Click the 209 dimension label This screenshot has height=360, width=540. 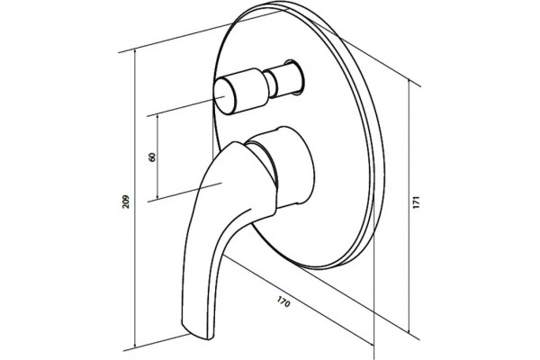[x=126, y=202]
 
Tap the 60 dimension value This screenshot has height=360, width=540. [x=152, y=157]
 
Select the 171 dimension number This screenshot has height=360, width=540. [x=417, y=202]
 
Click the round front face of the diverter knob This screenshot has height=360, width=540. [x=225, y=96]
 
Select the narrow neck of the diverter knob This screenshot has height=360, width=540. [x=271, y=84]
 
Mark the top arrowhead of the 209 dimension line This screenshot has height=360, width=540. [x=135, y=52]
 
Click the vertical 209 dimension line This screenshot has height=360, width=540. [x=135, y=198]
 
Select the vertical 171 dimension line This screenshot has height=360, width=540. [x=409, y=207]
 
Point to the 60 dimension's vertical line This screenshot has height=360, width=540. [x=157, y=157]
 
